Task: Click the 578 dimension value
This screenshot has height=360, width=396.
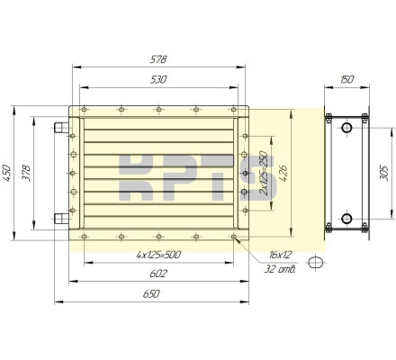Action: click(x=158, y=59)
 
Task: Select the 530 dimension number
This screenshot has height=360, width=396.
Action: click(x=158, y=80)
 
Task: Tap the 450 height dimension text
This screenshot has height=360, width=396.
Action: click(x=6, y=173)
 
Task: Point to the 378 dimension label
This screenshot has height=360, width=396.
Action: click(x=26, y=173)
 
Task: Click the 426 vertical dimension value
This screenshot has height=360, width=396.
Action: click(x=283, y=173)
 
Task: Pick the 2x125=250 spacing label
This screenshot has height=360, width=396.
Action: click(x=264, y=173)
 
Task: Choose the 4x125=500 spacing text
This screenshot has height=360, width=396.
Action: click(x=158, y=255)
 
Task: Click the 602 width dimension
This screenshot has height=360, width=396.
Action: click(x=158, y=274)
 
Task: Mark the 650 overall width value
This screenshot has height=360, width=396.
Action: click(x=151, y=294)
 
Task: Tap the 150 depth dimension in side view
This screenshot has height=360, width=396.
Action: click(x=346, y=80)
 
